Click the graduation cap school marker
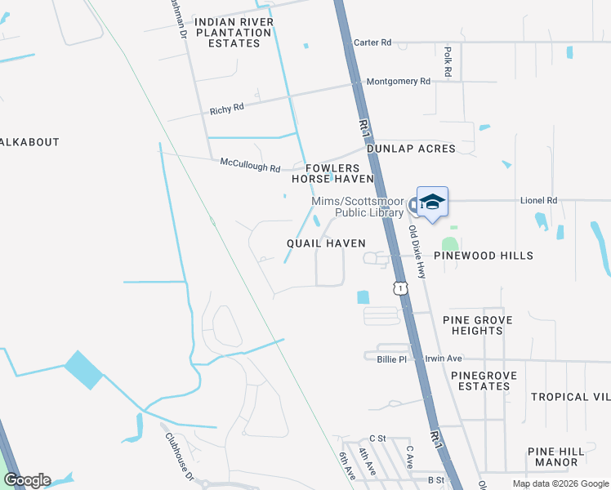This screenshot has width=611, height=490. [432, 202]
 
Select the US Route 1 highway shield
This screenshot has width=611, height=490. [399, 287]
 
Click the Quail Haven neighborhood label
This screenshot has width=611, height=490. [326, 243]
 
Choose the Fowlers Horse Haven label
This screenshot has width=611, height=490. [332, 173]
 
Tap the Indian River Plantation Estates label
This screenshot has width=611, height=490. [233, 33]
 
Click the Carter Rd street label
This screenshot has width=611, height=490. [372, 42]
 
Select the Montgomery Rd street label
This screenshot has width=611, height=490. [398, 82]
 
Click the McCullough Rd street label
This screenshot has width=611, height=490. [250, 163]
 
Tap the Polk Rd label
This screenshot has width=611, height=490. [448, 62]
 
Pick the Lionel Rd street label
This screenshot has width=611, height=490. [538, 200]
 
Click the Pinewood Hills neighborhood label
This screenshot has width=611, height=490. [483, 256]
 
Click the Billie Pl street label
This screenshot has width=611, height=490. [391, 359]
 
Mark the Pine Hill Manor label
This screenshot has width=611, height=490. [557, 457]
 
